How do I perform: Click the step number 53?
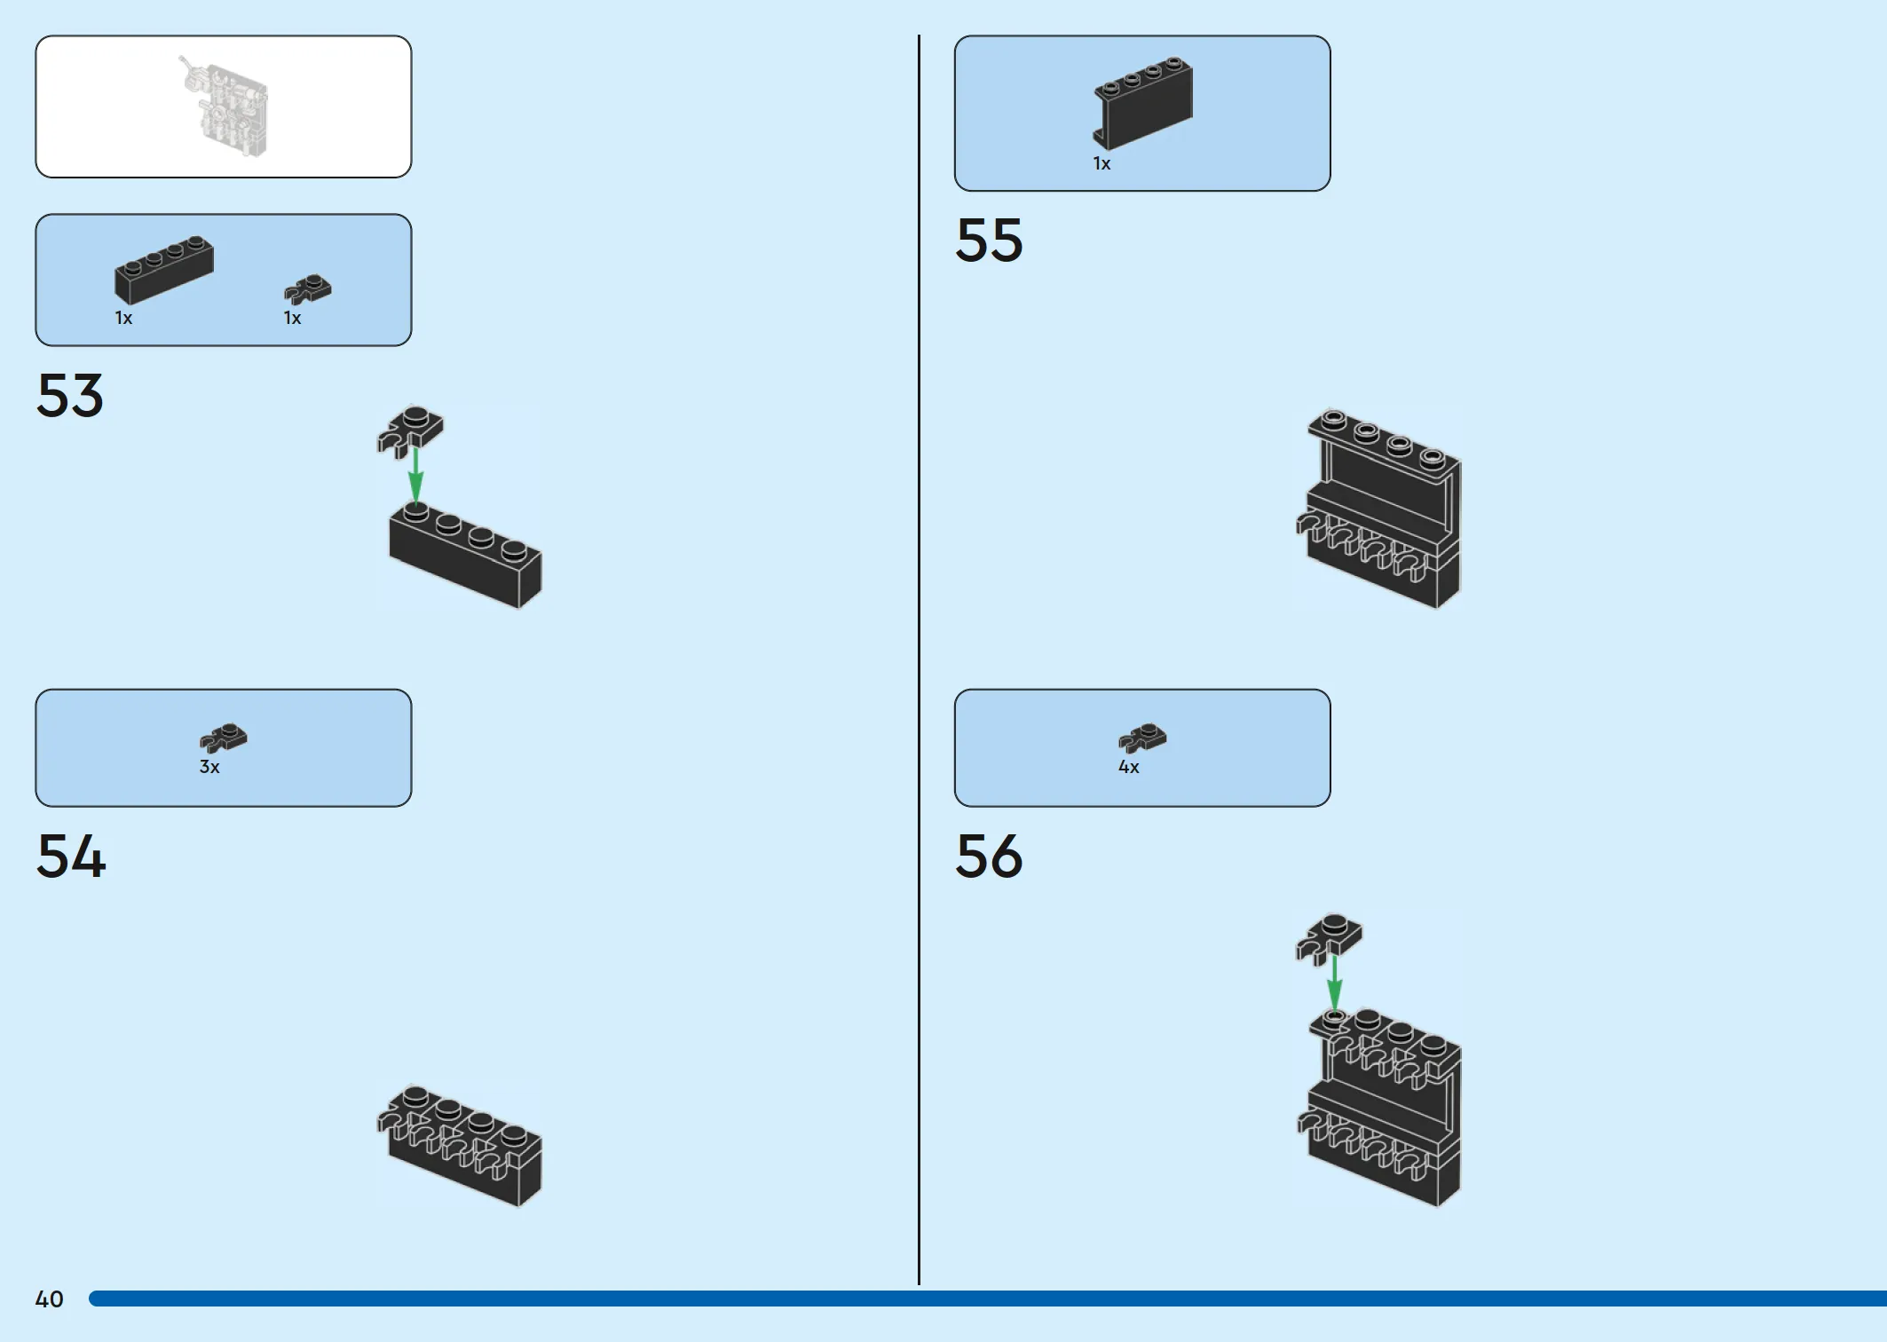(x=70, y=395)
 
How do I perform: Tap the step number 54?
(x=71, y=857)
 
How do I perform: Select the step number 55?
(x=989, y=240)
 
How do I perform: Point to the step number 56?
(x=989, y=857)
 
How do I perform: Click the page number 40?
(x=49, y=1299)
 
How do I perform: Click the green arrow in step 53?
(x=415, y=476)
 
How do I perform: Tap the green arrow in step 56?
(x=1334, y=983)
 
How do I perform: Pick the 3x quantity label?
(x=209, y=767)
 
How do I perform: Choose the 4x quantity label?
(x=1128, y=767)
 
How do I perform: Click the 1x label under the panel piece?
(x=1101, y=163)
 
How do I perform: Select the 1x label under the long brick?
(x=123, y=318)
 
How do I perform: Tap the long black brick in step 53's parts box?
(x=164, y=269)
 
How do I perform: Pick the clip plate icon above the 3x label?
(x=224, y=738)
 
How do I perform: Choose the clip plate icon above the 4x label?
(x=1142, y=738)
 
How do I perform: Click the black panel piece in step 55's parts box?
(x=1143, y=103)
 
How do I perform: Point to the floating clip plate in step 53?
(x=410, y=431)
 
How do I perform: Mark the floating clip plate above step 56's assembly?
(x=1329, y=939)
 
